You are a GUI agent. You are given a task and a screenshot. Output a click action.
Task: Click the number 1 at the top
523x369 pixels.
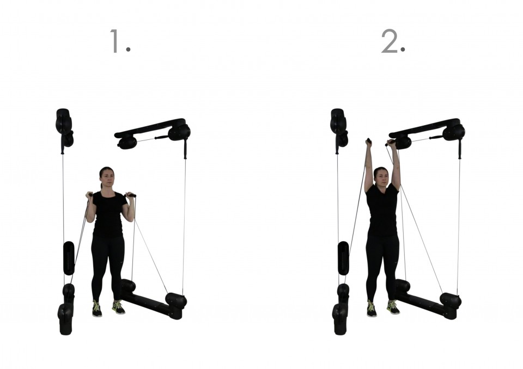coord(115,41)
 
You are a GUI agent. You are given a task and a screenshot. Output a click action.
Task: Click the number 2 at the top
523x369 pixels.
coord(391,41)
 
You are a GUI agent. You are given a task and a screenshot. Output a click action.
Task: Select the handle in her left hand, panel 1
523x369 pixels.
coord(130,195)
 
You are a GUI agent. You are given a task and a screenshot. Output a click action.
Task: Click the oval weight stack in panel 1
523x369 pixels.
coord(69,258)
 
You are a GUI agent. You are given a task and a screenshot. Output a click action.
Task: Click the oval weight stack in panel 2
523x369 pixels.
coord(343,258)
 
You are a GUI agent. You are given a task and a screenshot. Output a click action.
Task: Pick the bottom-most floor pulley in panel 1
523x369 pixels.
coord(66,319)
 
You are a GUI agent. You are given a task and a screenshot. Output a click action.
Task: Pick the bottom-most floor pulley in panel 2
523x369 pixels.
coord(340,319)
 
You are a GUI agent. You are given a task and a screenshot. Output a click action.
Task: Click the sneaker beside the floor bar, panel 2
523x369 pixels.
coord(393,307)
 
